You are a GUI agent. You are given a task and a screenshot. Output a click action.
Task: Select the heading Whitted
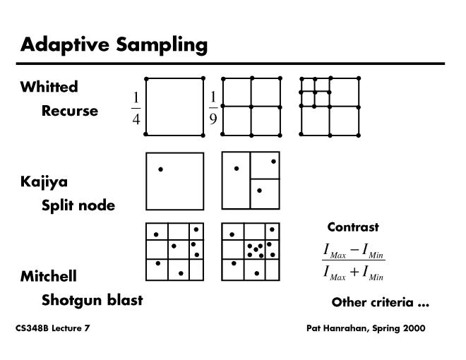click(x=49, y=87)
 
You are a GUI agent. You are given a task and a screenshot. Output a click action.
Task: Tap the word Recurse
click(x=70, y=111)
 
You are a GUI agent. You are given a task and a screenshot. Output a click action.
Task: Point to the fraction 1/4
click(x=136, y=107)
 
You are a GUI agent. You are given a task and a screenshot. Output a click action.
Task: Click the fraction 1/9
click(x=213, y=107)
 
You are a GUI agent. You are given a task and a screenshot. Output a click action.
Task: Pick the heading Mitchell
click(x=48, y=276)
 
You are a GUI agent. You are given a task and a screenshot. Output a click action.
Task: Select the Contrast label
click(x=353, y=227)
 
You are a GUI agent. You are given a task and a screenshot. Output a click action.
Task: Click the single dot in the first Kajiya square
click(x=161, y=169)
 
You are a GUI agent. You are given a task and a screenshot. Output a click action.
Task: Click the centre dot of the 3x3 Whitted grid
click(x=251, y=107)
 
